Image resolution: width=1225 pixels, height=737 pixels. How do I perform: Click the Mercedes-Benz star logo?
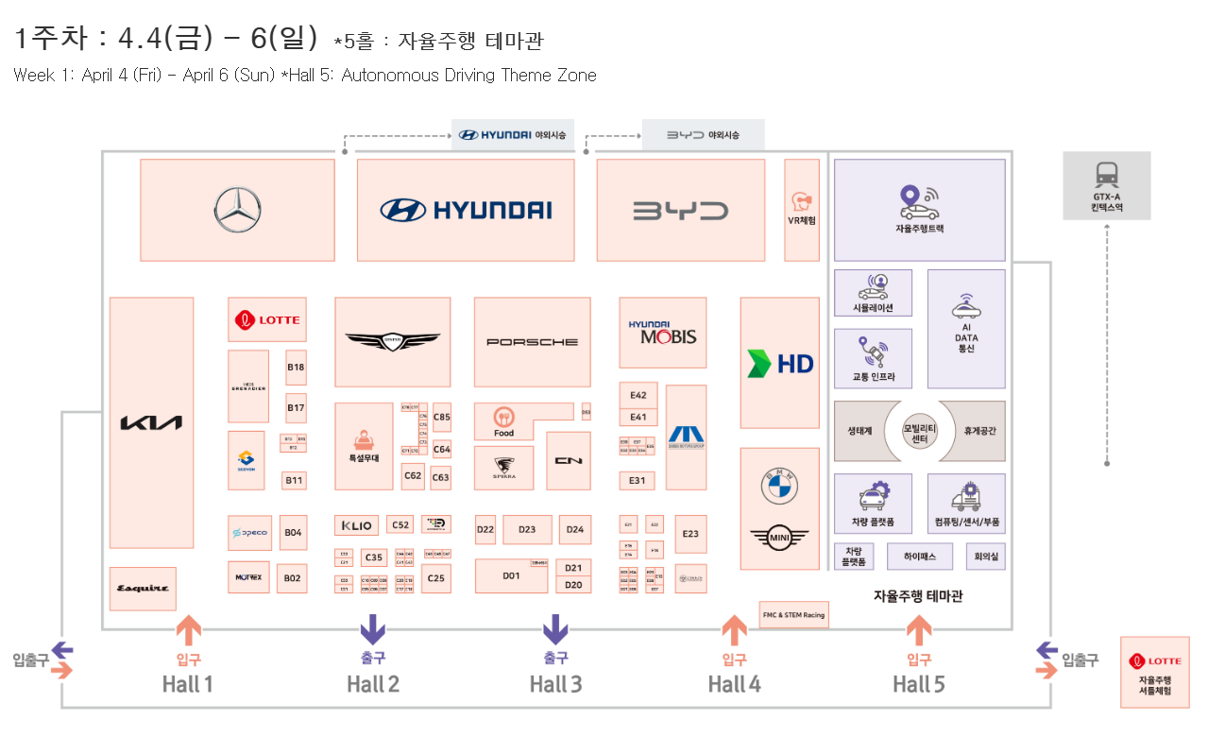[237, 210]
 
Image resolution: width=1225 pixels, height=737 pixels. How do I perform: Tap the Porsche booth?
[532, 341]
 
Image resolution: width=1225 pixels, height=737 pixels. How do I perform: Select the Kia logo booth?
[151, 422]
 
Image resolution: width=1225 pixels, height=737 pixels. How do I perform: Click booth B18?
[296, 368]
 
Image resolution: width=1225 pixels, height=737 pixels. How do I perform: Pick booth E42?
[638, 396]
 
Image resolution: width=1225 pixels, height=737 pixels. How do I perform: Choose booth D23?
[527, 530]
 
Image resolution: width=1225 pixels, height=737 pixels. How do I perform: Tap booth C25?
[435, 577]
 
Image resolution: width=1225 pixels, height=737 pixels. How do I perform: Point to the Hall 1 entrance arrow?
[188, 628]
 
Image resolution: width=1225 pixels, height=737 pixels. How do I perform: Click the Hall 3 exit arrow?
[555, 628]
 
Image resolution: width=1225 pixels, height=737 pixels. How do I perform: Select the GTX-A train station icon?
[1106, 175]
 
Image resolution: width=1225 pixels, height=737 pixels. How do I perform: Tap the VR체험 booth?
[802, 209]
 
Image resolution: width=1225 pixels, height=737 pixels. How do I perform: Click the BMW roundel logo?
[780, 487]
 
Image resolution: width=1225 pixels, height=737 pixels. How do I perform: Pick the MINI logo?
[779, 539]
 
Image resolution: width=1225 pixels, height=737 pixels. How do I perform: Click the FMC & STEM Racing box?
[793, 614]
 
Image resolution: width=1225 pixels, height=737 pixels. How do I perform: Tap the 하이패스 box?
[919, 557]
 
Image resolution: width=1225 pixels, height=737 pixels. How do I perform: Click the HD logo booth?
[780, 363]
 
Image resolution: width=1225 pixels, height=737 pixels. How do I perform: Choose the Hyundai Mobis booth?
[662, 333]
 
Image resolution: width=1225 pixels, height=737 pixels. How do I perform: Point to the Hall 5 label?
[918, 684]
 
